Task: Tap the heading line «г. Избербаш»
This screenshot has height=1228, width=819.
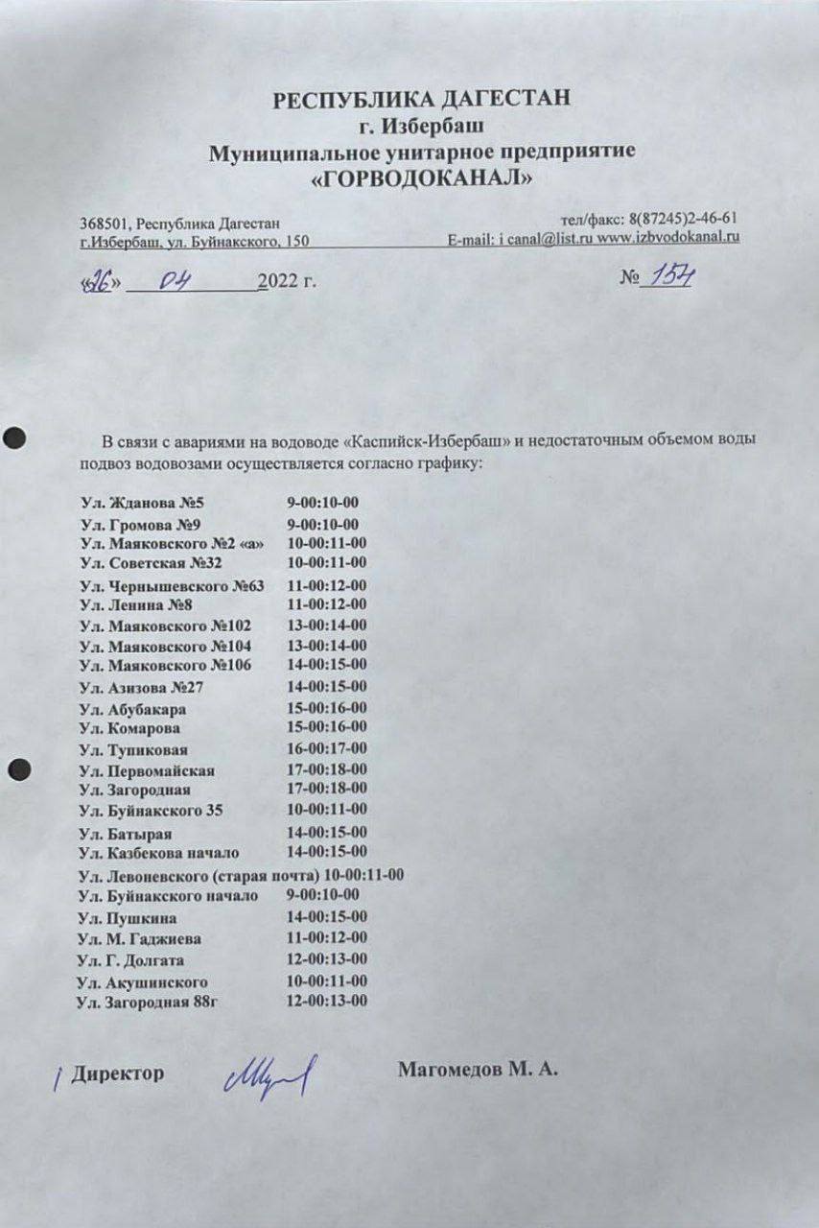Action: point(422,125)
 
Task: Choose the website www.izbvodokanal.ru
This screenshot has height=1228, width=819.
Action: point(668,237)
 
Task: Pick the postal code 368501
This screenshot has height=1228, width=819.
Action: point(102,223)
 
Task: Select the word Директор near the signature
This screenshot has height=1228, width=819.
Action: point(117,1073)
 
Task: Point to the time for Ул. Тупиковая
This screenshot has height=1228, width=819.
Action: point(327,748)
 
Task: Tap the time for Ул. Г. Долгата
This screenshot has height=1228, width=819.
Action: point(327,960)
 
